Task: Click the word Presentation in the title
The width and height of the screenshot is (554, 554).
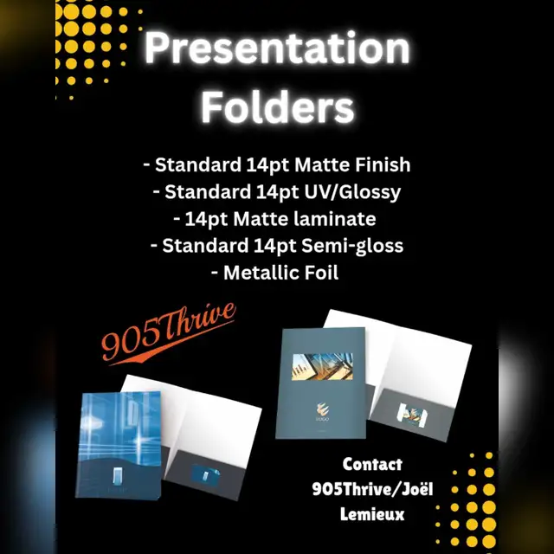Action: [x=277, y=48]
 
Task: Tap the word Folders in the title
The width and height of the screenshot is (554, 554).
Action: [x=278, y=106]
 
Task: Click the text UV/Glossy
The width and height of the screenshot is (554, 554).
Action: [x=352, y=192]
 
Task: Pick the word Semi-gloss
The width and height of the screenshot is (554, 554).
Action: [x=352, y=246]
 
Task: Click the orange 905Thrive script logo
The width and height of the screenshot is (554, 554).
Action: [x=167, y=333]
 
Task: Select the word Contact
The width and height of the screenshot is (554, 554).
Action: [x=372, y=464]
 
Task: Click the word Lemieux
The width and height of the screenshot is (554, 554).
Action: [x=372, y=514]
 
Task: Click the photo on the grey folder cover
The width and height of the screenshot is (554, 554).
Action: [x=322, y=366]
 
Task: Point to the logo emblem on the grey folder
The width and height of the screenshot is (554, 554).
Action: [x=322, y=409]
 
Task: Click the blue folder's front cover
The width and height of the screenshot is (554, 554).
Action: [x=119, y=445]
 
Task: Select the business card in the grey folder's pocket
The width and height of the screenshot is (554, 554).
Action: [x=412, y=415]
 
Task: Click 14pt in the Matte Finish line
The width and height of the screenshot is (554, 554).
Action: [x=267, y=164]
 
